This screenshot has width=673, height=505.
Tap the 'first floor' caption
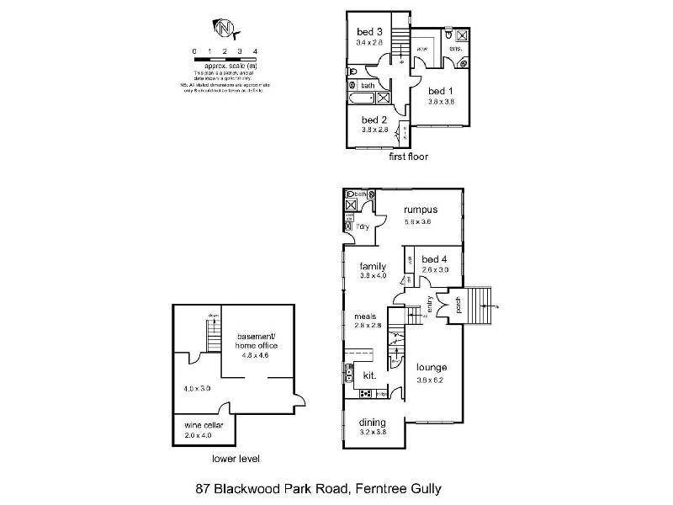pos(408,157)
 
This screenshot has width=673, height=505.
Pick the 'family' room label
pos(373,265)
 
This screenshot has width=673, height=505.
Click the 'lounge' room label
pos(430,367)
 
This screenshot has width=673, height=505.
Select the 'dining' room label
pos(372,422)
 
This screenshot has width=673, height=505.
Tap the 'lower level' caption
pos(236,460)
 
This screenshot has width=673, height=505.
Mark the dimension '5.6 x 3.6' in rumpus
pos(418,221)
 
